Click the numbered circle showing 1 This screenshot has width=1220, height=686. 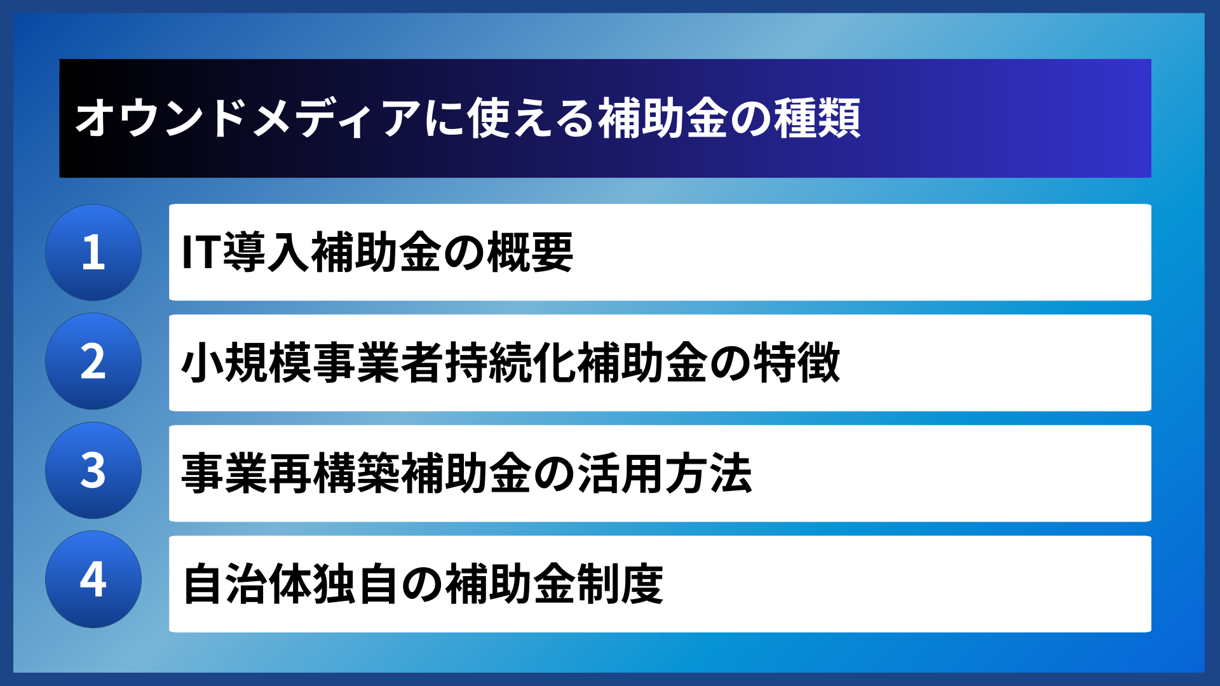[x=93, y=252]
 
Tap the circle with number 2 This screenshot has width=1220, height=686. [x=93, y=361]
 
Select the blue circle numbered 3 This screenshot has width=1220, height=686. [x=93, y=471]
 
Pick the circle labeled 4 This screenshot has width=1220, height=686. [x=93, y=579]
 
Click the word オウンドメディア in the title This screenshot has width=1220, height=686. [x=248, y=119]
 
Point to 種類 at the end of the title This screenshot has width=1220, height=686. [x=817, y=119]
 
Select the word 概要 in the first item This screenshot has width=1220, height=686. [x=531, y=253]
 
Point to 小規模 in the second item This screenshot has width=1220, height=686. [x=247, y=363]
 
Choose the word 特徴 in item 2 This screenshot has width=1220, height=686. [x=797, y=363]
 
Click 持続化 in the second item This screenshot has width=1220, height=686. [x=510, y=363]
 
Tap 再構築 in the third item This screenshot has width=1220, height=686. [x=334, y=473]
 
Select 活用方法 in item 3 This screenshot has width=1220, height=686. [x=665, y=473]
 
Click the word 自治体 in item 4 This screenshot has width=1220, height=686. [x=248, y=584]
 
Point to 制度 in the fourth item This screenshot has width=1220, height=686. [x=620, y=584]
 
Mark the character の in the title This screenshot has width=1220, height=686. [x=750, y=119]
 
